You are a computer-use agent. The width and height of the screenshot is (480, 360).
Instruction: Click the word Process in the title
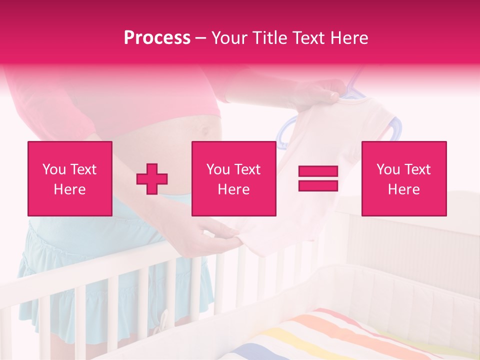point(157,38)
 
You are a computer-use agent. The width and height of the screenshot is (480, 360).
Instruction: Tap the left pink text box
point(70,178)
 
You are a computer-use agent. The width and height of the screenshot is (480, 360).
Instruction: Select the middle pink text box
point(234,178)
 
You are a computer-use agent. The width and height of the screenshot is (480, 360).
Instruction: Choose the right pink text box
point(404,178)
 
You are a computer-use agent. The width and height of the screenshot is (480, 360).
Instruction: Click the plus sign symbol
point(152,178)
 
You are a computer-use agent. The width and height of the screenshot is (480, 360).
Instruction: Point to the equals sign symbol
point(318,178)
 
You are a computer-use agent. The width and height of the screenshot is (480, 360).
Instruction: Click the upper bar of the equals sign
point(318,171)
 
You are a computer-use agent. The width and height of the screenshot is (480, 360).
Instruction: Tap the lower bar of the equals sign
point(318,185)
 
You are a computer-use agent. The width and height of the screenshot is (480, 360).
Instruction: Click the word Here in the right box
point(404,189)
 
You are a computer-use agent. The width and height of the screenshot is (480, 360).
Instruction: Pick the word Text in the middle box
point(247,169)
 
